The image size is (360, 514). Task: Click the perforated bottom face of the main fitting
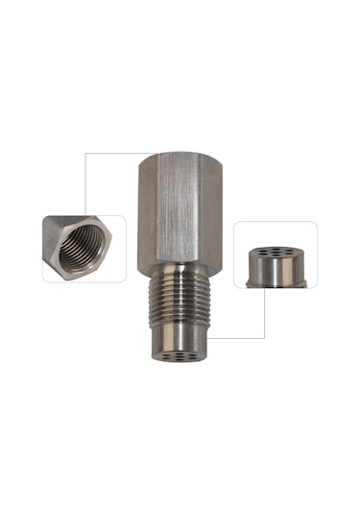point(180,357)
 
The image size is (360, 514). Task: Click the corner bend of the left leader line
point(85,154)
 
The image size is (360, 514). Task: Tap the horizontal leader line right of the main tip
point(235,337)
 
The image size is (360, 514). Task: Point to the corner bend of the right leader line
point(264,337)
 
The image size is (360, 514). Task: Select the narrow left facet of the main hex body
point(145,216)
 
